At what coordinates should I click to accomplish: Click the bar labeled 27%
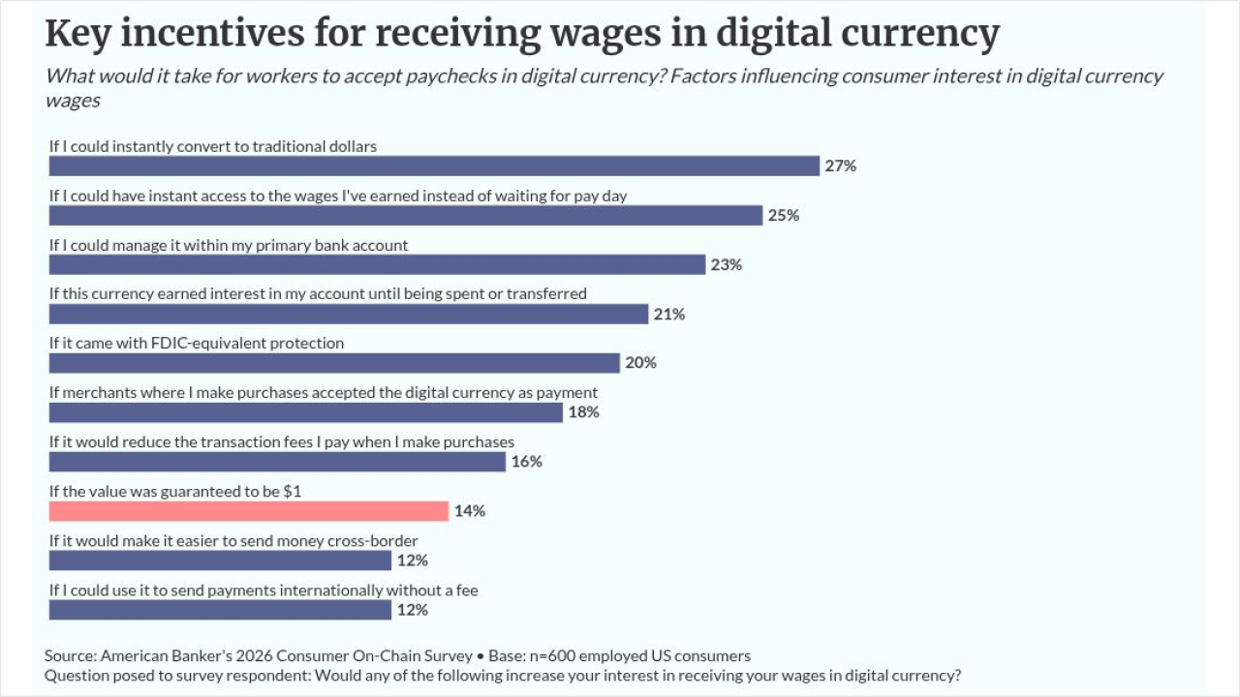pos(434,166)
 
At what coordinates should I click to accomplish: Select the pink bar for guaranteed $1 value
pos(249,511)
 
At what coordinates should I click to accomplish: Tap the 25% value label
pos(784,215)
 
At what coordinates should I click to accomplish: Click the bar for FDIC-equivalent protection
pos(334,363)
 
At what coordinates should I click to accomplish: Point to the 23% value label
pos(727,265)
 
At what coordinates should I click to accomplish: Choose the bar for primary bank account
pos(377,265)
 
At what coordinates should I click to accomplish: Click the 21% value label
pos(669,315)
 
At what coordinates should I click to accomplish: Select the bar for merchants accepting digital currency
pos(305,412)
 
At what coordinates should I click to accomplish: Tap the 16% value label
pos(526,462)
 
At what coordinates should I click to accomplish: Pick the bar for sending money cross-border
pos(220,561)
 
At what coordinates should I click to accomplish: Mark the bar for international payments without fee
pos(220,610)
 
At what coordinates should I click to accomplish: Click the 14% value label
pos(470,511)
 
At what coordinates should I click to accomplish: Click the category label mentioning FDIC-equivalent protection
pos(197,343)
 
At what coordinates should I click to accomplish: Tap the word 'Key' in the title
pos(77,33)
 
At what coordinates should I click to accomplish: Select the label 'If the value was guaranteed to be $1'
pos(175,491)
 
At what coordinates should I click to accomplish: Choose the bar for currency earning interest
pos(349,315)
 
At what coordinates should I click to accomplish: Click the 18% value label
pos(583,412)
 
